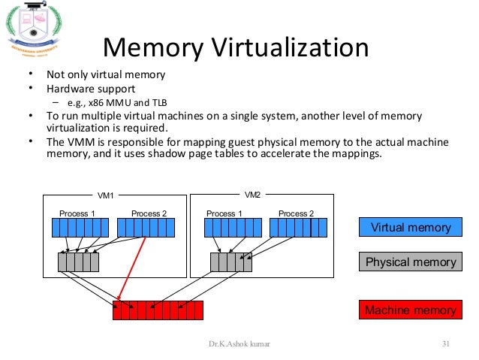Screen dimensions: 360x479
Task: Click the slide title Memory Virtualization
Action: [235, 49]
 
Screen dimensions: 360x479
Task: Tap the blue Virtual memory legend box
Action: [410, 227]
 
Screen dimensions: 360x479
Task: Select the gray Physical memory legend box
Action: [410, 262]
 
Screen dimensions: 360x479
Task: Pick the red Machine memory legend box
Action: [410, 310]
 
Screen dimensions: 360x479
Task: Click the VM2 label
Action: [253, 195]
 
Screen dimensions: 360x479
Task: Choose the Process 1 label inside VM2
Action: [224, 213]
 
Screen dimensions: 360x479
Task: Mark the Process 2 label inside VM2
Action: [297, 213]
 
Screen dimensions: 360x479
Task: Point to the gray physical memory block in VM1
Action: [78, 262]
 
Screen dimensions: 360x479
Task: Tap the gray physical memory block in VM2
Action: [230, 262]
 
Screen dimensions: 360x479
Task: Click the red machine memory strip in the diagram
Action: [158, 310]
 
